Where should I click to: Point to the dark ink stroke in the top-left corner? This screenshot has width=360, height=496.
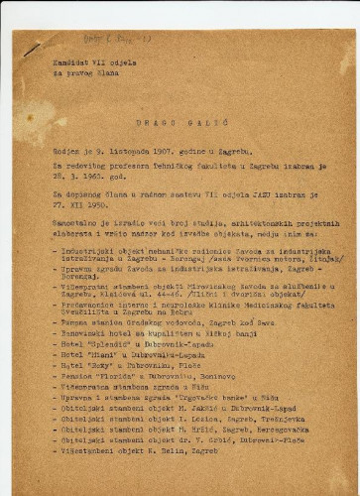[33, 48]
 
